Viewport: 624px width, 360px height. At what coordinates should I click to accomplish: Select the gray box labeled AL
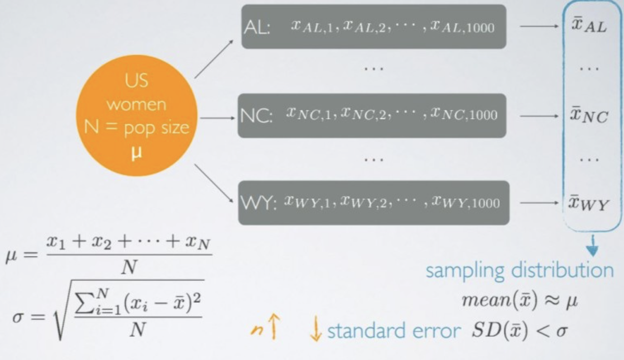pyautogui.click(x=374, y=27)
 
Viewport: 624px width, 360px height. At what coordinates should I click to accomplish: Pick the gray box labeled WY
pyautogui.click(x=374, y=202)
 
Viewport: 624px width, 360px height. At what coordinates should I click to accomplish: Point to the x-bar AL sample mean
pyautogui.click(x=588, y=27)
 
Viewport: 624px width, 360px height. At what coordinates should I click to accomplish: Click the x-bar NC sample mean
pyautogui.click(x=588, y=115)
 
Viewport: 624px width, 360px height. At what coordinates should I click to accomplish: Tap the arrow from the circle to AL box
pyautogui.click(x=214, y=59)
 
